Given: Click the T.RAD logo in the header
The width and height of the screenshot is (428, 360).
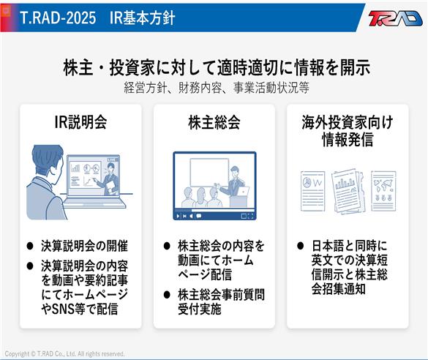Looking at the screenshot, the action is [395, 18].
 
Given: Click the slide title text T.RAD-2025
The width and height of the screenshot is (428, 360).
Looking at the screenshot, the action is [58, 18].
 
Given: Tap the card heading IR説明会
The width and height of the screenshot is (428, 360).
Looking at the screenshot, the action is [80, 122].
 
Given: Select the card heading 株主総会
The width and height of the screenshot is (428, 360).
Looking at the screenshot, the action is [214, 122].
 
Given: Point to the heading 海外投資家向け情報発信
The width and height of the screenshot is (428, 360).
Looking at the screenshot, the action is [348, 131].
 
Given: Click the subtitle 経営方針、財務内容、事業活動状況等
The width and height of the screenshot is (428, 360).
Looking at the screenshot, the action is [217, 88].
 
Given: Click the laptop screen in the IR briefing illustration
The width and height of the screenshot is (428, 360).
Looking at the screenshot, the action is [94, 175].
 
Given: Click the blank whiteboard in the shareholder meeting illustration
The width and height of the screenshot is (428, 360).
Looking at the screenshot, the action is [209, 172].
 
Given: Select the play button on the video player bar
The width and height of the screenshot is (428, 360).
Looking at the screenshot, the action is [178, 216].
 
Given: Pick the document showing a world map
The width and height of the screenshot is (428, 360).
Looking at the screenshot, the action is [383, 191].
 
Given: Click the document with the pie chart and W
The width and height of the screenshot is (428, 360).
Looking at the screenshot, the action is [313, 191].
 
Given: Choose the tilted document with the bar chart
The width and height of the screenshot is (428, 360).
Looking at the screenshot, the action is [348, 191].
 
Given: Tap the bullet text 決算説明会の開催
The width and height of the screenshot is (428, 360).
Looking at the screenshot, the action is [84, 246].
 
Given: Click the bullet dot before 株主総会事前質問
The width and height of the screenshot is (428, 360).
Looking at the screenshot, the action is [167, 294].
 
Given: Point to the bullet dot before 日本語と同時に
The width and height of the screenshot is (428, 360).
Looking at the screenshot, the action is [300, 246].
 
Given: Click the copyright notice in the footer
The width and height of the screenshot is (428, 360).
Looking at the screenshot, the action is [64, 353].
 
